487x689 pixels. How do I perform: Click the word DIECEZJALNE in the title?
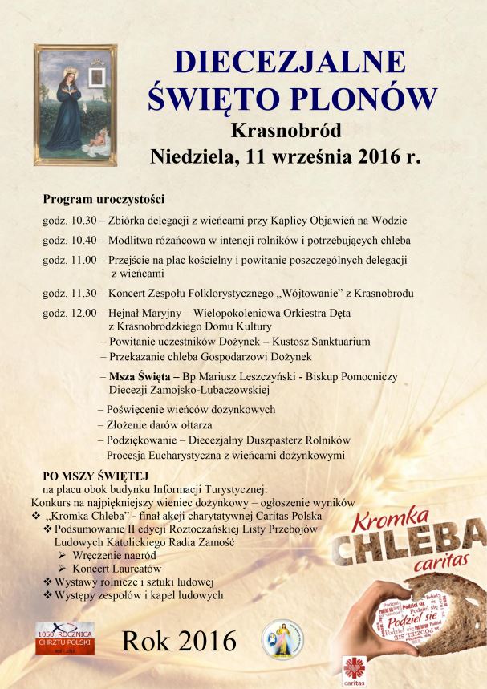[x=292, y=62]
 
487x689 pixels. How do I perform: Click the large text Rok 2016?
[x=179, y=640]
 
